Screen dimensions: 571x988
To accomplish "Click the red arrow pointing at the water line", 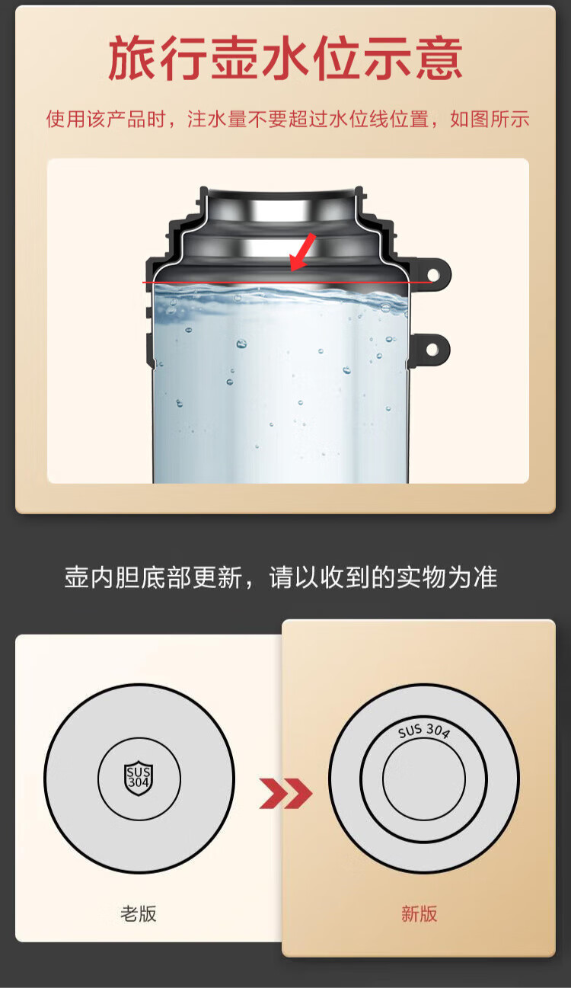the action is [x=302, y=251].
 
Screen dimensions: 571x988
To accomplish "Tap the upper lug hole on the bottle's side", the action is [x=433, y=275].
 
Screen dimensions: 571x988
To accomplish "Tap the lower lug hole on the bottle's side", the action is [x=432, y=349].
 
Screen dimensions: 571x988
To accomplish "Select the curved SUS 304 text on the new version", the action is [x=424, y=731].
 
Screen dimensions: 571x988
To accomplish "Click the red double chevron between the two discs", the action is [x=285, y=793].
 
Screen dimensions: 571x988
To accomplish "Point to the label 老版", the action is [x=139, y=913].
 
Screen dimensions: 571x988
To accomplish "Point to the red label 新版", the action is [x=419, y=913].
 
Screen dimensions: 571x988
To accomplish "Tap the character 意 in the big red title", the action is [x=439, y=58].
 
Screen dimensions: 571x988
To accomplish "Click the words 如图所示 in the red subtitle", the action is [x=489, y=119].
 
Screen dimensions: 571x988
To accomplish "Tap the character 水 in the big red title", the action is [x=285, y=58].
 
